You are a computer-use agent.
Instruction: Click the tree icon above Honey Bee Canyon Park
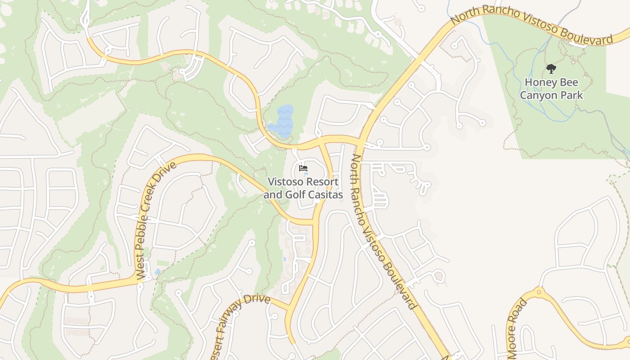551,69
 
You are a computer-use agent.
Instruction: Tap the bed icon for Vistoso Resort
303,169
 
